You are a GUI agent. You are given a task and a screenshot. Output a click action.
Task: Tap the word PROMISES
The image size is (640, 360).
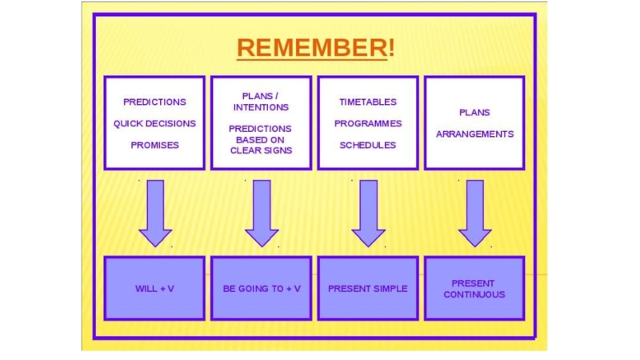(x=154, y=145)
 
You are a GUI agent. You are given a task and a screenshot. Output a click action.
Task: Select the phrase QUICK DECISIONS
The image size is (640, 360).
(x=154, y=123)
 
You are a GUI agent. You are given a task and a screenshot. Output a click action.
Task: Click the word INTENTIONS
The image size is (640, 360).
(x=261, y=107)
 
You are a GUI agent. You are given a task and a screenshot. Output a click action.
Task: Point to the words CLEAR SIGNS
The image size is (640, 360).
(x=261, y=150)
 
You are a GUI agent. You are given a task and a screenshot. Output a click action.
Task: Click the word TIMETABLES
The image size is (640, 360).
(x=367, y=102)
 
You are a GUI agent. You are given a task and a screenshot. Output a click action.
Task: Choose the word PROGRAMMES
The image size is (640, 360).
(x=367, y=123)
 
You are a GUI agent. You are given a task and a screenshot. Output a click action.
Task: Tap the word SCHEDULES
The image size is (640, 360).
(x=367, y=145)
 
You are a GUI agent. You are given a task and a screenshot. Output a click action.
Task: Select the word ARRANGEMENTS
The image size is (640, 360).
(x=474, y=134)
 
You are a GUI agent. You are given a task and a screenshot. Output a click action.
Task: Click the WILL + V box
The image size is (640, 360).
(x=154, y=288)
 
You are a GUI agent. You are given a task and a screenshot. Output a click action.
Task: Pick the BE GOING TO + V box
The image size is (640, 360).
(x=261, y=288)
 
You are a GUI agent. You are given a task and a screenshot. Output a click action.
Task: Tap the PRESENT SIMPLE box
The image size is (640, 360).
(x=367, y=288)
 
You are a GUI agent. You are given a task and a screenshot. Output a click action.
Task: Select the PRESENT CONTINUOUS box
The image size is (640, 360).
(x=474, y=288)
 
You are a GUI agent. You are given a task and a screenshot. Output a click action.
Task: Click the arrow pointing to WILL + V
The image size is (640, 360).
(x=155, y=213)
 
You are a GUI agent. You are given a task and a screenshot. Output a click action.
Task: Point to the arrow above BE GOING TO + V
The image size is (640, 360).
(x=262, y=213)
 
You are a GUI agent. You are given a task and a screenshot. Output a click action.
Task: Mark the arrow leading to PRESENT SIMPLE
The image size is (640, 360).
(x=368, y=213)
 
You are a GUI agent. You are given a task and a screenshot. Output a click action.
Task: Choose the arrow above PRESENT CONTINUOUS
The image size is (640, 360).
(x=474, y=213)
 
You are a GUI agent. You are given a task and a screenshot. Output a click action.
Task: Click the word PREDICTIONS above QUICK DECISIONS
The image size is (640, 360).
(x=154, y=102)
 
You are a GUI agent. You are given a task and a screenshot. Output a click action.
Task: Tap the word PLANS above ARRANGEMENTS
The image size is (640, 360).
(x=474, y=112)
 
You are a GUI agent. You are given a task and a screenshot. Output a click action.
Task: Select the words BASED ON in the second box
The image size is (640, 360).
(x=261, y=139)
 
